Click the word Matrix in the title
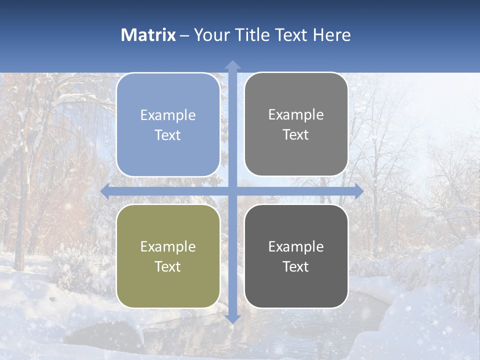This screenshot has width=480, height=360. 148,35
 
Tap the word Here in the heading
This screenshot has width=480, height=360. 332,35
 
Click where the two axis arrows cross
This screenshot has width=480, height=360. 232,191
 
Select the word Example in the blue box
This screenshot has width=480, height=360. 168,115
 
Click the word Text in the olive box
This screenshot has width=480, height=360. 168,266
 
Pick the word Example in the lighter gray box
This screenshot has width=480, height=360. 296,115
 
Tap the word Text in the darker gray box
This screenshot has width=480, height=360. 296,266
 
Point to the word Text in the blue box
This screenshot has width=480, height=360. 168,135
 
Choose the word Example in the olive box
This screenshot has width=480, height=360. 168,246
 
